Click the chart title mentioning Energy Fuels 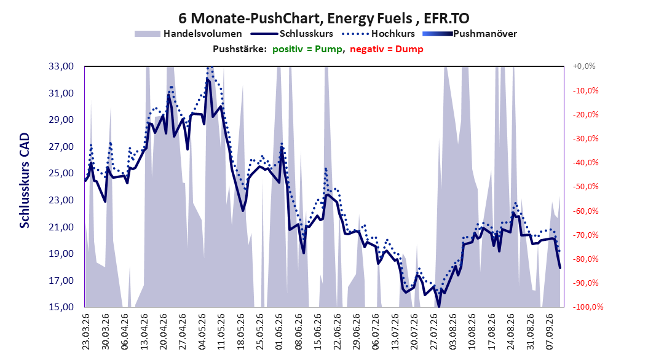click(x=323, y=18)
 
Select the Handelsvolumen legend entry click(x=188, y=34)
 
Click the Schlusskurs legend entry click(x=292, y=34)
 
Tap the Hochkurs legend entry click(x=379, y=34)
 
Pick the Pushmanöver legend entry click(x=470, y=34)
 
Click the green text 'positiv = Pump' click(x=307, y=49)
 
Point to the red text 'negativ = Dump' click(x=387, y=49)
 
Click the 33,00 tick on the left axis click(x=61, y=66)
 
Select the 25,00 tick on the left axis click(x=61, y=173)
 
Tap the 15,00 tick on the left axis click(x=61, y=307)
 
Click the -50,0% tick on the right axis click(x=585, y=187)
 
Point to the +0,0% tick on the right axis click(x=584, y=66)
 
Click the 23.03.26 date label click(x=86, y=332)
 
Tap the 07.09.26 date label click(x=549, y=332)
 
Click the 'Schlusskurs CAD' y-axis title click(x=25, y=180)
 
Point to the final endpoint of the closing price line click(x=560, y=268)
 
